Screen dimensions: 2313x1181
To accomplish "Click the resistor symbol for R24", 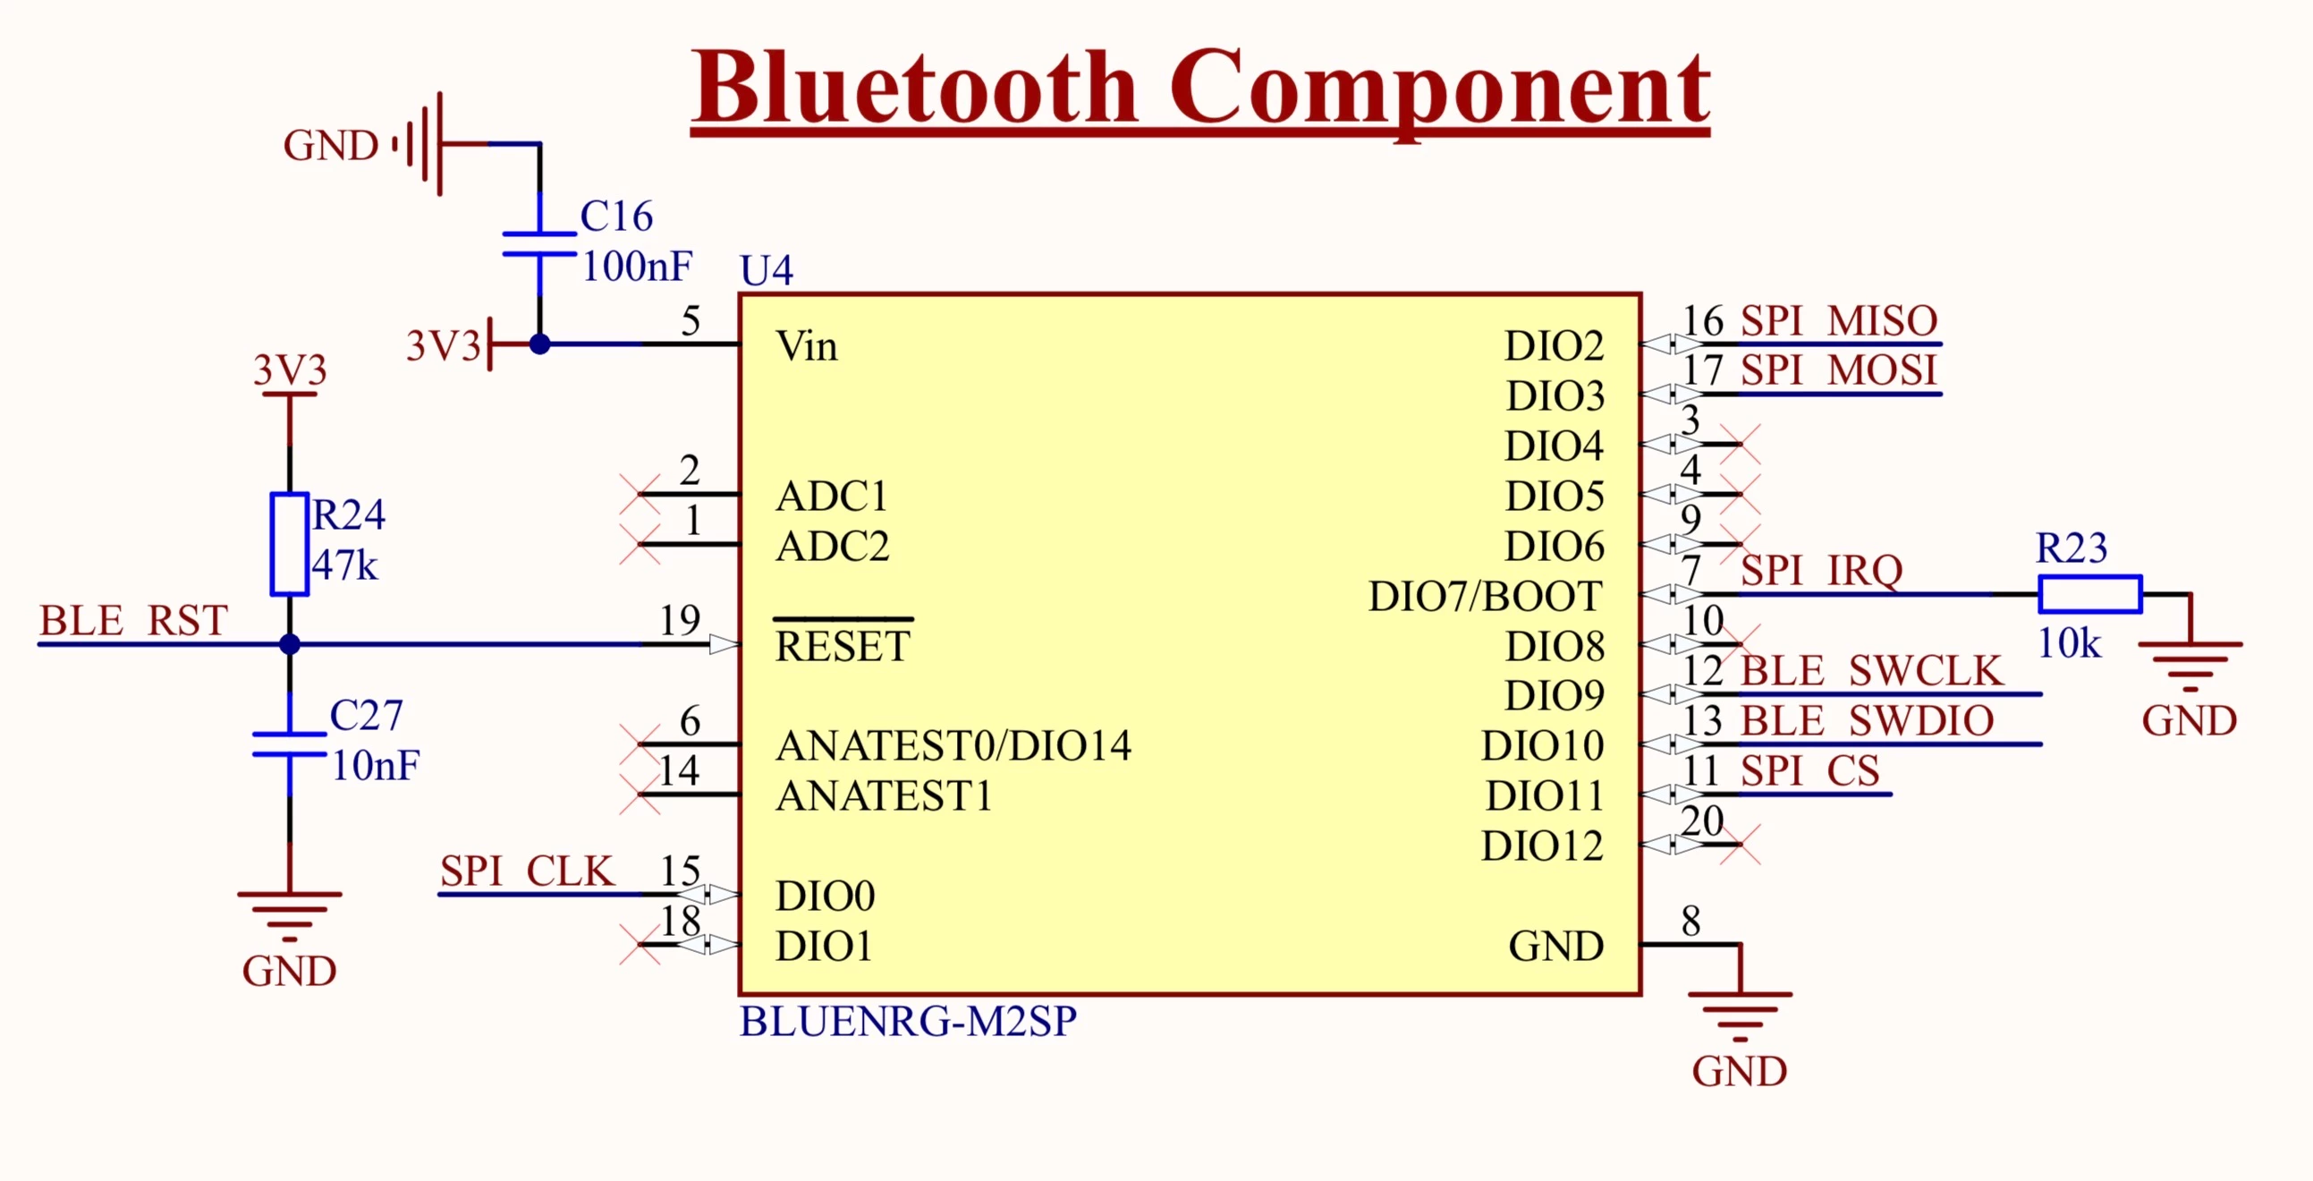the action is pos(289,544).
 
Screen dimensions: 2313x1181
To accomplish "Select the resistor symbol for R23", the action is pos(2089,595).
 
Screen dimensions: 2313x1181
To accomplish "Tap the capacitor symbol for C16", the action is pos(538,244).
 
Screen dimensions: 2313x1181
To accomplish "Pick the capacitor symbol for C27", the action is pos(289,744).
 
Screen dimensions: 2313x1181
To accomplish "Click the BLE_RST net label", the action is pos(133,621).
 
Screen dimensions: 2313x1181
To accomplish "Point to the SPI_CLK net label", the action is pos(527,871).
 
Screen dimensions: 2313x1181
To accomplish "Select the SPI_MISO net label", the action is pos(1839,320).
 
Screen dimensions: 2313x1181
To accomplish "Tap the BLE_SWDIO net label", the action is pos(1867,720).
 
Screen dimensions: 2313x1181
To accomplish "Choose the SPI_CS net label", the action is pos(1809,770).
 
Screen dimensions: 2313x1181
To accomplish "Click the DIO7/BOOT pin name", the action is pos(1485,597).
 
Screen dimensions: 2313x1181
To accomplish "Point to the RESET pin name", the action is pos(843,647).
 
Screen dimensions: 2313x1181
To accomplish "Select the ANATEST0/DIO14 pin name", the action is pos(953,745).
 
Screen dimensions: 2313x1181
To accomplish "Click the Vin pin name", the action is pos(806,346).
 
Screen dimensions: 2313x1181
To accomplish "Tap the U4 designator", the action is pos(766,270).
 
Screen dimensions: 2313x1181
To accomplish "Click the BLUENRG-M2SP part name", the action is pos(908,1021).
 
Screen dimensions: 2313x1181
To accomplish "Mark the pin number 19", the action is pos(679,621).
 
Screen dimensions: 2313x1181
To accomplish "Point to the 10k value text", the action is pos(2069,643).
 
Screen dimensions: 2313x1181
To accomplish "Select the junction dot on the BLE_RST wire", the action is pos(289,644).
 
